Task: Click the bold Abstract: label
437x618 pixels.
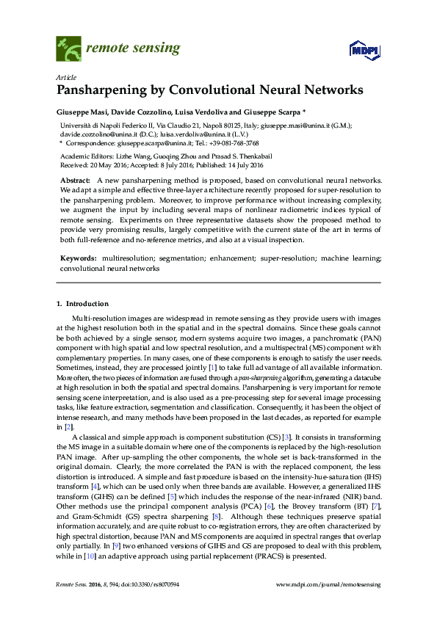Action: [x=75, y=181]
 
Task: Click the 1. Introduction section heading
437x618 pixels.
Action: [x=82, y=303]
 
